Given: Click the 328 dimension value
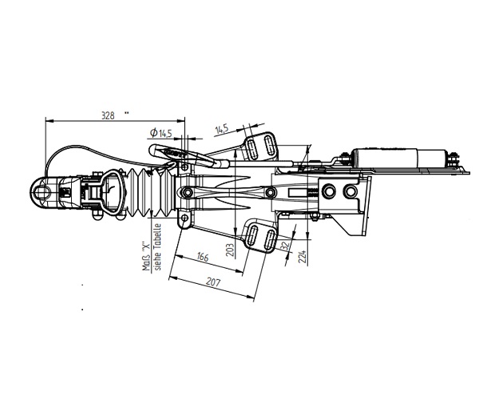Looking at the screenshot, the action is tap(108, 116).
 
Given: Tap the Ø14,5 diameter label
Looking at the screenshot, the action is tap(161, 133).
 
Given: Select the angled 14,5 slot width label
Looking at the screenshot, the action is tap(221, 129).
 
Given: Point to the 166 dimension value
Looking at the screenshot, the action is tap(202, 257).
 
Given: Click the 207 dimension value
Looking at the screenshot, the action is tap(213, 282).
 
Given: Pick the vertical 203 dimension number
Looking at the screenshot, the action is tap(232, 250).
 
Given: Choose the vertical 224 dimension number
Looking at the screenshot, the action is tap(303, 257).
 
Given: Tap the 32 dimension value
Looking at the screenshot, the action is tap(285, 246).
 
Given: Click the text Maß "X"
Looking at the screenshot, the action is tap(146, 257).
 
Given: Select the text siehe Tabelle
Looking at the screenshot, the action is tap(158, 247).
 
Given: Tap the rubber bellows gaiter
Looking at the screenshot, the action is tap(151, 193).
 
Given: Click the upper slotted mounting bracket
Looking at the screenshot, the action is tap(259, 146).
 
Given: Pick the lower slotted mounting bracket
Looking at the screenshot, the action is tap(260, 236).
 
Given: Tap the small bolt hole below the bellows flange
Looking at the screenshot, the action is tap(184, 218).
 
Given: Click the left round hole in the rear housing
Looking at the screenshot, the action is tap(329, 191).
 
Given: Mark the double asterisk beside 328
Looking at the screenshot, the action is tap(126, 113).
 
